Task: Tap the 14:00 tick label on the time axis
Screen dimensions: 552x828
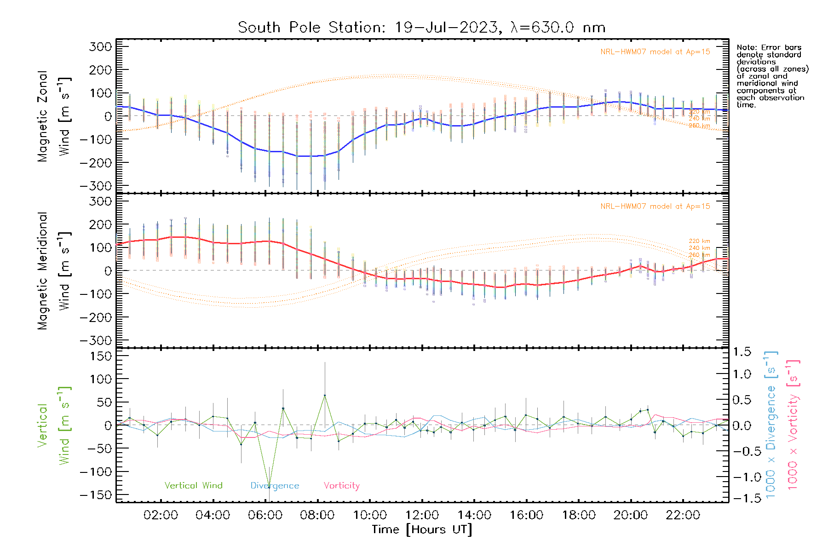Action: (x=474, y=515)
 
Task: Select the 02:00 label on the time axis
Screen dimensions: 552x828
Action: (x=161, y=515)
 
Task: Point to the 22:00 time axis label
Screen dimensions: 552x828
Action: (x=683, y=515)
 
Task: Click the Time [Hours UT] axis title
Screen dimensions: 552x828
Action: (x=422, y=529)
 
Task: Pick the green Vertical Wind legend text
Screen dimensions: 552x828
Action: (x=193, y=485)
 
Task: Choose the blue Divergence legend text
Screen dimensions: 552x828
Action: (x=275, y=485)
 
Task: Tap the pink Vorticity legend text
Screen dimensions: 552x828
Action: (x=341, y=485)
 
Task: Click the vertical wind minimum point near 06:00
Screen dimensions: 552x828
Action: (x=269, y=487)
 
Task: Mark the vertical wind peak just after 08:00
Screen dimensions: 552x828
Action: (x=325, y=395)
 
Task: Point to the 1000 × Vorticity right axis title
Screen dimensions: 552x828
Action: (x=793, y=424)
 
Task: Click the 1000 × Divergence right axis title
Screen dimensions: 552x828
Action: (x=770, y=424)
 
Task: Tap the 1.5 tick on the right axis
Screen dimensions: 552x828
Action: (x=742, y=352)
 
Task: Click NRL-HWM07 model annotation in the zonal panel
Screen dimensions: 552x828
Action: (x=655, y=52)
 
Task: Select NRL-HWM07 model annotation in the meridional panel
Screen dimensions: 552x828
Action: (x=655, y=207)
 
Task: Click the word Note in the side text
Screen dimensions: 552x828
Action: (x=746, y=47)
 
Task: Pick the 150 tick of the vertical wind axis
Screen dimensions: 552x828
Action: (x=101, y=356)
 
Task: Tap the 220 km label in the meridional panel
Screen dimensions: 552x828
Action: (x=699, y=241)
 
